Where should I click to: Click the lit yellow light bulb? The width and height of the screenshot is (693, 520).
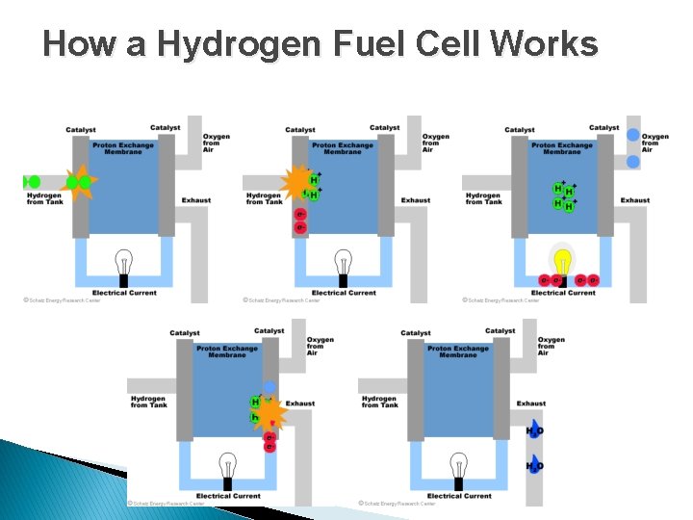point(561,260)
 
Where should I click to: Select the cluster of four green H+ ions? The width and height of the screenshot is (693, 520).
point(564,196)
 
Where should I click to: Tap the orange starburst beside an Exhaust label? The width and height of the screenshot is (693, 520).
point(270,415)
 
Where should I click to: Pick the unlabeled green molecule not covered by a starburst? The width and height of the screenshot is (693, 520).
point(34,181)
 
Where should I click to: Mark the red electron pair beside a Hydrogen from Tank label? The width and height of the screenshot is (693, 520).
point(300,221)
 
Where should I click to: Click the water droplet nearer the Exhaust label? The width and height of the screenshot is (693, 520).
point(535,431)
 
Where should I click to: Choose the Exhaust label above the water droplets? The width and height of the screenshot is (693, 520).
point(531,403)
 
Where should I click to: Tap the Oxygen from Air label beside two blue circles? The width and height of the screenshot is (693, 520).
point(654,143)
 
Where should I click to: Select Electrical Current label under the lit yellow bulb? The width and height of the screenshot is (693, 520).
point(563,293)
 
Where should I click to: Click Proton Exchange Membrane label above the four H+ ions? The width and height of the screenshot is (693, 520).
point(562,148)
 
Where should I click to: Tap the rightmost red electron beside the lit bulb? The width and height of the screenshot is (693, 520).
point(594,280)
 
